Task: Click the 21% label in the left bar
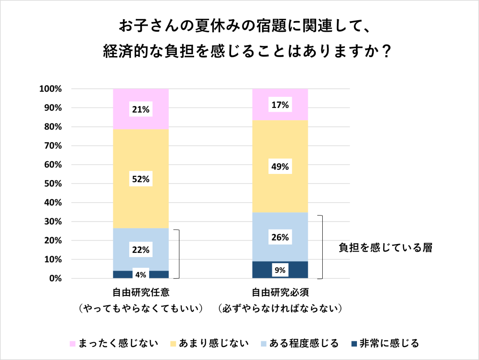tap(140, 110)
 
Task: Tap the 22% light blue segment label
tap(140, 250)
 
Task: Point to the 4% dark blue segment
tap(140, 274)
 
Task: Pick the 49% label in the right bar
tap(280, 167)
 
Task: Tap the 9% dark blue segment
tap(280, 270)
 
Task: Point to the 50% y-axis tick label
tap(52, 184)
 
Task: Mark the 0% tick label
tap(55, 279)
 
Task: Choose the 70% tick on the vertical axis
tap(52, 146)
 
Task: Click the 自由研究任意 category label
tap(140, 293)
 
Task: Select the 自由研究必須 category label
tap(280, 293)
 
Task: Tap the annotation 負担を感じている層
tap(385, 248)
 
